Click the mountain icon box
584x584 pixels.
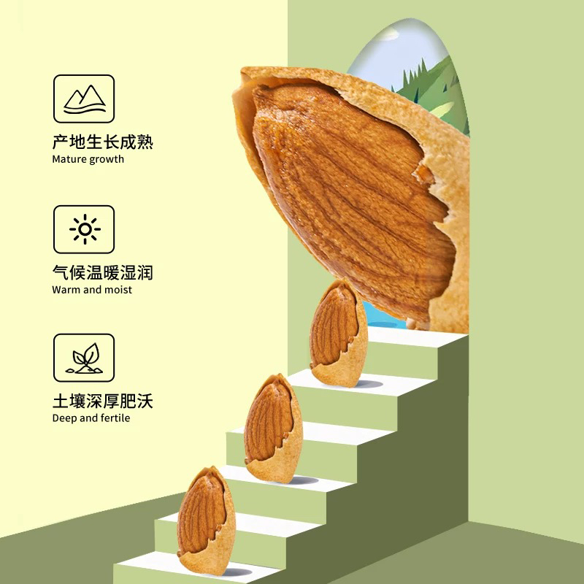click(84, 99)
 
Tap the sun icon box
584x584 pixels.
click(84, 229)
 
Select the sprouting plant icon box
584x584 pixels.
click(84, 358)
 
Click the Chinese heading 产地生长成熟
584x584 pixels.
click(103, 142)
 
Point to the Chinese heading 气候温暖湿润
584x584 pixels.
click(103, 273)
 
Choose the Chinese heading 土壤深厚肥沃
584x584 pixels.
click(103, 401)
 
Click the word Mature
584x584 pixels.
click(69, 159)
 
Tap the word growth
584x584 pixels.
click(107, 159)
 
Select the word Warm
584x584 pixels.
click(66, 290)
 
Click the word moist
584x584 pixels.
click(120, 290)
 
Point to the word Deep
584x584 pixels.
click(64, 418)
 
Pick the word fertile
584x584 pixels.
click(115, 418)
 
